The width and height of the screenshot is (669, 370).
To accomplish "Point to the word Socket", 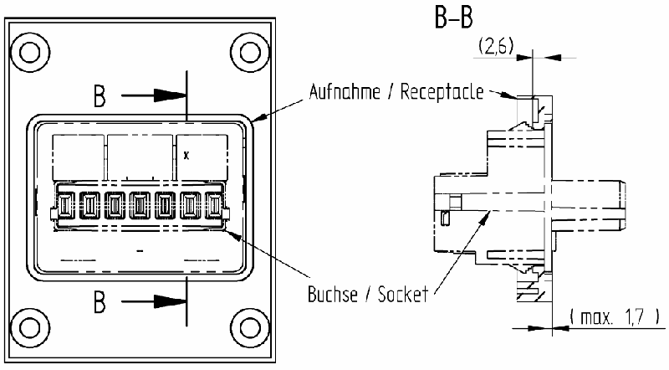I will coord(401,294).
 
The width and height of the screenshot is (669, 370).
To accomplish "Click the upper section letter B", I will coord(100,97).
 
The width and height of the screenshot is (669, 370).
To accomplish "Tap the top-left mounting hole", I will coord(31,51).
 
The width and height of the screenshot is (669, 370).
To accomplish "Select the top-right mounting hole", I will coord(248,51).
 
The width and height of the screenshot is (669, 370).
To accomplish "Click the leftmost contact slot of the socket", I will coord(66,205).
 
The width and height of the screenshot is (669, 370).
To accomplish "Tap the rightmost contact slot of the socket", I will coord(214,205).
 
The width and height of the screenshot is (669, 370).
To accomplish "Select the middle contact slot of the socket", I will coord(140,205).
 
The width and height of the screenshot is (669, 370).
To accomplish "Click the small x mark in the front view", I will coord(186,156).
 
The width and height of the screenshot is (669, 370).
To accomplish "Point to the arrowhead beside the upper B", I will coord(176,95).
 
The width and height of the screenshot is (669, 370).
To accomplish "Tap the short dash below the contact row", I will coord(140,251).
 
